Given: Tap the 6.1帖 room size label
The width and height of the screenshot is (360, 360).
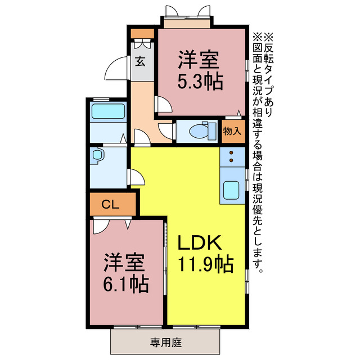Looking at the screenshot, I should [125, 284].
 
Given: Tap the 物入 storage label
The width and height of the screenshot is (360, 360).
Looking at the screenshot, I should [232, 131].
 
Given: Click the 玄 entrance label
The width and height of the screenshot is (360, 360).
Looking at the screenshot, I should [140, 61].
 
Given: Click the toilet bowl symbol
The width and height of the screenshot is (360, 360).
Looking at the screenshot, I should [199, 131].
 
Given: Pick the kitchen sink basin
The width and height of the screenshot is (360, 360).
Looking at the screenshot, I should [232, 190].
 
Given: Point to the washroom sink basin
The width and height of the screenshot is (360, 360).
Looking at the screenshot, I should [96, 154].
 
